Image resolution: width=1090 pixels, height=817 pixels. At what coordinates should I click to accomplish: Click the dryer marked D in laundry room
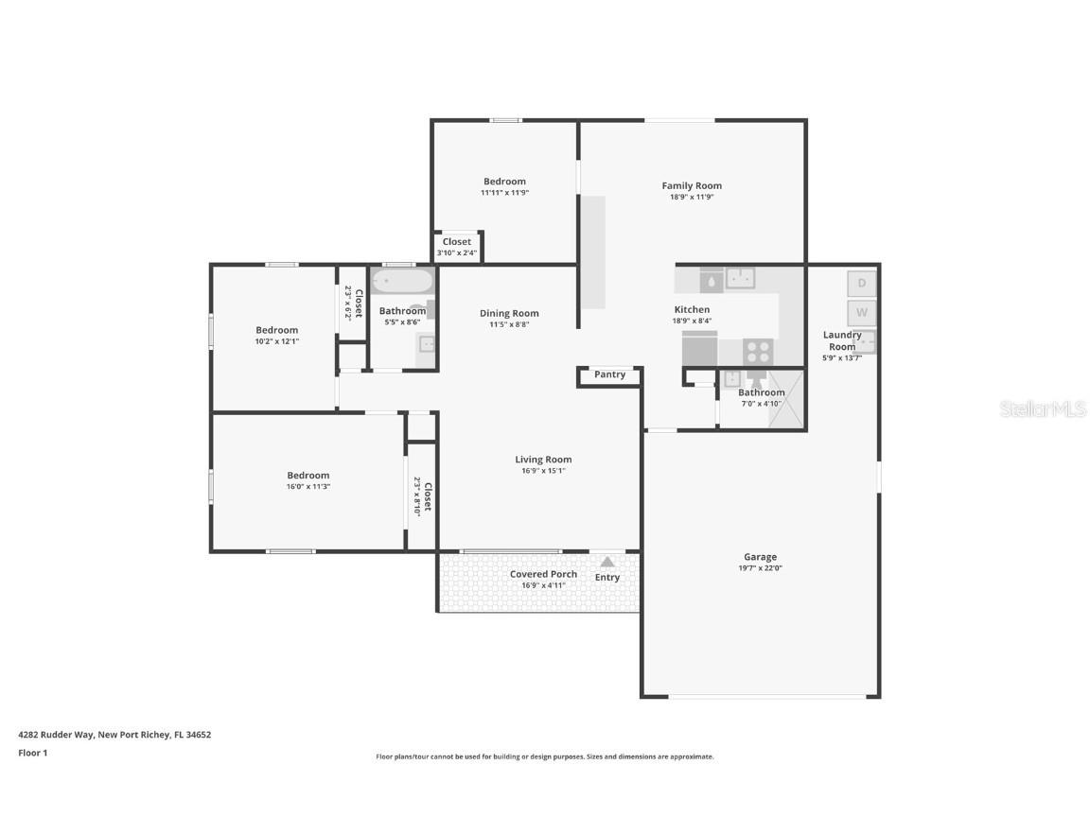[861, 283]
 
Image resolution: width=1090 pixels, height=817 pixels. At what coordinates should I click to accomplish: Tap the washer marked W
[861, 312]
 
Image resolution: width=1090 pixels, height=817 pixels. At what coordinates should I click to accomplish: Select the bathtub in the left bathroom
[402, 281]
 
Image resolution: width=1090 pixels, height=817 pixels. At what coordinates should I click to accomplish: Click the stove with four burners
[758, 352]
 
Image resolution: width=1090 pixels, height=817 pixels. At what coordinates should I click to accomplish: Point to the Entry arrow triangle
[607, 562]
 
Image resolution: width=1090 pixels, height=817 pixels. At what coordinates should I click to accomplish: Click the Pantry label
[609, 374]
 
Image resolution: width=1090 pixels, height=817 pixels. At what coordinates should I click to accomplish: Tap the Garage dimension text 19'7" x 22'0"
[760, 568]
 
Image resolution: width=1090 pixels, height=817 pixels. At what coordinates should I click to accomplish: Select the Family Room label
[692, 186]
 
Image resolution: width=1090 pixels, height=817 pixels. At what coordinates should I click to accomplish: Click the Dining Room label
[509, 313]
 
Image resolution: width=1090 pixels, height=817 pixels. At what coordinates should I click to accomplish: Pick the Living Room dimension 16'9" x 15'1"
[543, 471]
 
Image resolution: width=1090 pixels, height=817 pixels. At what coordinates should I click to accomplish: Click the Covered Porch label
[543, 574]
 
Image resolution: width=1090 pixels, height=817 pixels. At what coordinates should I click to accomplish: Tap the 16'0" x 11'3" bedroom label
[308, 476]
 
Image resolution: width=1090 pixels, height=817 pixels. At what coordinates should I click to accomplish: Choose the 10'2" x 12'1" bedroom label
[276, 330]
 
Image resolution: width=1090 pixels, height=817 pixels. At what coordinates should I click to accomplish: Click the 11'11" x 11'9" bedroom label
[504, 182]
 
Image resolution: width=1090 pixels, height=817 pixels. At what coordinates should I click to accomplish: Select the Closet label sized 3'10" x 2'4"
[457, 242]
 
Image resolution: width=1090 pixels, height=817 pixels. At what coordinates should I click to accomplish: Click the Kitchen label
[692, 309]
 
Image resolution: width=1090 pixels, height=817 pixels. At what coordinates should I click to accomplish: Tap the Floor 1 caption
[32, 753]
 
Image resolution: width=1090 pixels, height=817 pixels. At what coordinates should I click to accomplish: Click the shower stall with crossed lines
[785, 399]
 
